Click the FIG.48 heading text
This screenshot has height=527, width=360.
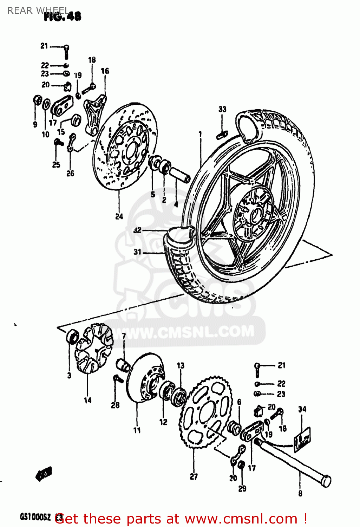pyautogui.click(x=63, y=16)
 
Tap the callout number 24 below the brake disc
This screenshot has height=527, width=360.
pyautogui.click(x=119, y=216)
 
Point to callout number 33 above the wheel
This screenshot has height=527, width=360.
pyautogui.click(x=222, y=109)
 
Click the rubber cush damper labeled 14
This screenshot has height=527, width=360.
pyautogui.click(x=93, y=348)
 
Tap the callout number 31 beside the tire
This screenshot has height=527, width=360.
pyautogui.click(x=137, y=252)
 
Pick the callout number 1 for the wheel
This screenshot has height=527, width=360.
pyautogui.click(x=200, y=134)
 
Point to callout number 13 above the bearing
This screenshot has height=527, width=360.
pyautogui.click(x=181, y=366)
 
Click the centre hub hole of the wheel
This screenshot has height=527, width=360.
pyautogui.click(x=255, y=214)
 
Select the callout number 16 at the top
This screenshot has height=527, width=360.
pyautogui.click(x=105, y=71)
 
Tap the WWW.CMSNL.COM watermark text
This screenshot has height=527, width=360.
pyautogui.click(x=190, y=332)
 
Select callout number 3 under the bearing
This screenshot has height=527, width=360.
pyautogui.click(x=69, y=376)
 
